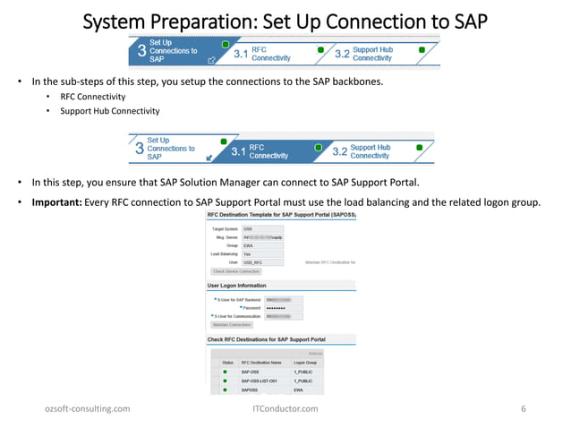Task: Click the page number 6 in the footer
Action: point(523,408)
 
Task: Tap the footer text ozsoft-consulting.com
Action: point(87,408)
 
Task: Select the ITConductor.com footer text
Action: point(285,408)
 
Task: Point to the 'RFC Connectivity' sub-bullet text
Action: point(92,96)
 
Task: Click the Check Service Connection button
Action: point(235,270)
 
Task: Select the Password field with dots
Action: point(284,307)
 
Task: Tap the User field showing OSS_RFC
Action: point(261,261)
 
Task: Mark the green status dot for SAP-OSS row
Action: point(225,371)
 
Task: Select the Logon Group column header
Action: point(306,362)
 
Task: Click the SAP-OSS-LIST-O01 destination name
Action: point(261,381)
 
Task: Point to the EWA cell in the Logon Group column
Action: point(298,389)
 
